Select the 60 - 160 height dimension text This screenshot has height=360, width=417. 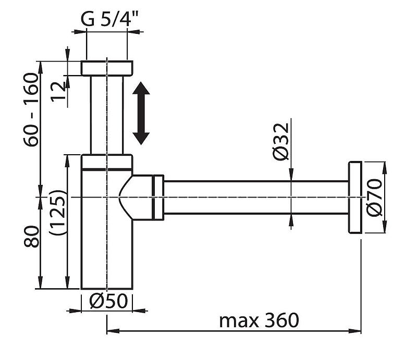click(x=31, y=110)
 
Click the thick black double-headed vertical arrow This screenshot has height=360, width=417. click(x=141, y=115)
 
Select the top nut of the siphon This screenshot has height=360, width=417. click(x=107, y=68)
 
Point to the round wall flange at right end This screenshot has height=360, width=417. click(x=355, y=197)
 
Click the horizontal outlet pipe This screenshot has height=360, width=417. click(x=255, y=197)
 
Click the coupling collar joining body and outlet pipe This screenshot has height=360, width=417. click(x=158, y=197)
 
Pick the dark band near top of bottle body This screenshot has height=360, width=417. click(x=107, y=169)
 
